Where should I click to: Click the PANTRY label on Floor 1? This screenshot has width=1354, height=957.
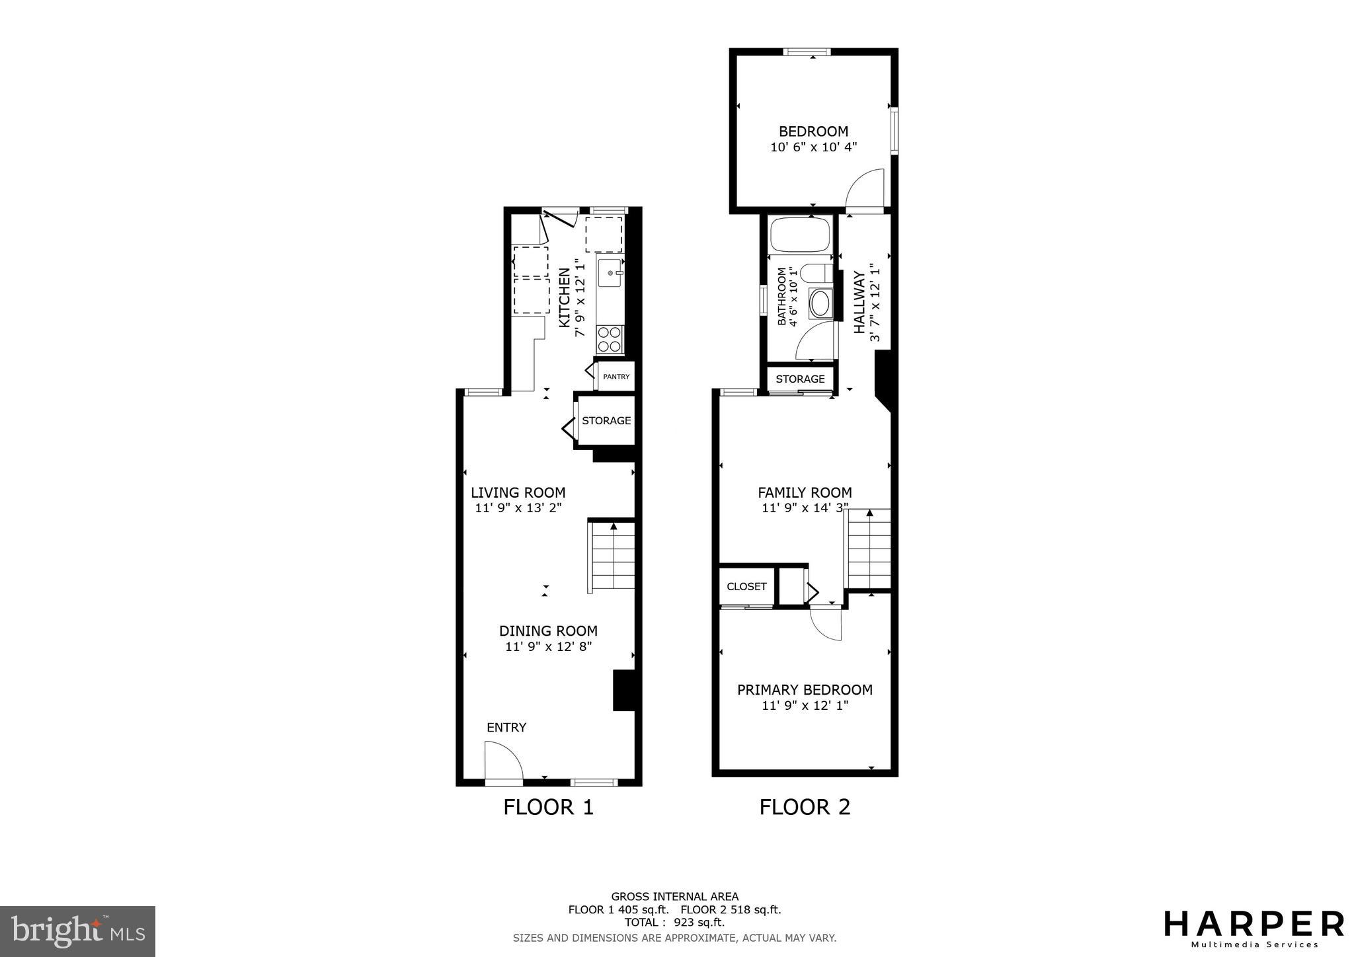tap(616, 377)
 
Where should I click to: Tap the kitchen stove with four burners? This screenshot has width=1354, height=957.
tap(610, 339)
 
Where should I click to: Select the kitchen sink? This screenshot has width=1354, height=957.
tap(610, 273)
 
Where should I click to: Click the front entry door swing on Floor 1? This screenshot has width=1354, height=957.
tap(503, 761)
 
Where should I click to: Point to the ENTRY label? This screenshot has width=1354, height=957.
tap(506, 728)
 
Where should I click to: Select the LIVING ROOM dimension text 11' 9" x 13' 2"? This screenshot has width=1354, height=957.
tap(518, 508)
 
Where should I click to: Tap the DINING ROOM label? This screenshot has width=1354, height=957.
tap(548, 631)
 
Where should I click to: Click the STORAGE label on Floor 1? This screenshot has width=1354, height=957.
tap(606, 420)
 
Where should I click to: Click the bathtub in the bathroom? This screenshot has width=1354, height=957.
tap(800, 235)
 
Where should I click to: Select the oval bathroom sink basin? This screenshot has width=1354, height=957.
tap(820, 304)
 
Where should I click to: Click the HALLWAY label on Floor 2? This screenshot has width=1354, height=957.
tap(859, 302)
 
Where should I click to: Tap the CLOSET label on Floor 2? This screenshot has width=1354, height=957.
tap(746, 586)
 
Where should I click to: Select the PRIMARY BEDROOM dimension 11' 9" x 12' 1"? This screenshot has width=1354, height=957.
tap(805, 706)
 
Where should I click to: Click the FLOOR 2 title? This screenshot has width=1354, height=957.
tap(805, 807)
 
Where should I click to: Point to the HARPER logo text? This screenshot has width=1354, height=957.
tap(1254, 924)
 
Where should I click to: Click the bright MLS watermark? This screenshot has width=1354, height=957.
tap(77, 932)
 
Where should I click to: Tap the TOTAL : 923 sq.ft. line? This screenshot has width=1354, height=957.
tap(674, 922)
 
